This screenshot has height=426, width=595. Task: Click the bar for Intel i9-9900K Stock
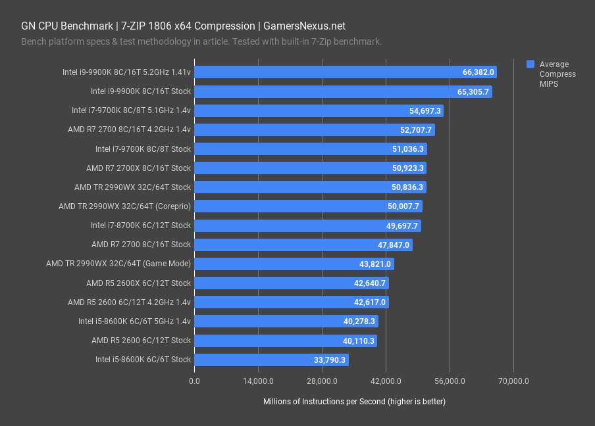coord(342,91)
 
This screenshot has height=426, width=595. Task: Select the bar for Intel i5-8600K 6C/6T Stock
coord(271,360)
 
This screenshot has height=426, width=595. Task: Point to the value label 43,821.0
coord(375,264)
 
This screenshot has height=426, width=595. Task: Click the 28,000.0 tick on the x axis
coord(322,381)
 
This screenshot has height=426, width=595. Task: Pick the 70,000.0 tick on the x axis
coord(513,381)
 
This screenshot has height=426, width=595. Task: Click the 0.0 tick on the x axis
coord(194,381)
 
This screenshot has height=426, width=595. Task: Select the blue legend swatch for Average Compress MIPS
coord(530,64)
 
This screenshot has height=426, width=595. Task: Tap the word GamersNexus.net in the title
coord(303,26)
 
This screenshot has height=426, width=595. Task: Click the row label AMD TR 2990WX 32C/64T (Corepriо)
coord(124,206)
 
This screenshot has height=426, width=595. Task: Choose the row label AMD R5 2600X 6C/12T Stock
coord(138,283)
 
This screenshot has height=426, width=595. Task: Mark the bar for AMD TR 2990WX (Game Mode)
coord(294,264)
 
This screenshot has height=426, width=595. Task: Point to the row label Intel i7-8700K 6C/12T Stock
coord(141,225)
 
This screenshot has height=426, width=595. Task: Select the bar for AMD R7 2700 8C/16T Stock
coord(303,245)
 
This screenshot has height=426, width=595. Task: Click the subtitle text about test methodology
coord(201,41)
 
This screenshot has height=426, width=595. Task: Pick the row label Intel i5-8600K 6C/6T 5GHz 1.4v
coord(134,321)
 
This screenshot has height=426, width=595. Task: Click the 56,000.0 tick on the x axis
coord(450,381)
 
